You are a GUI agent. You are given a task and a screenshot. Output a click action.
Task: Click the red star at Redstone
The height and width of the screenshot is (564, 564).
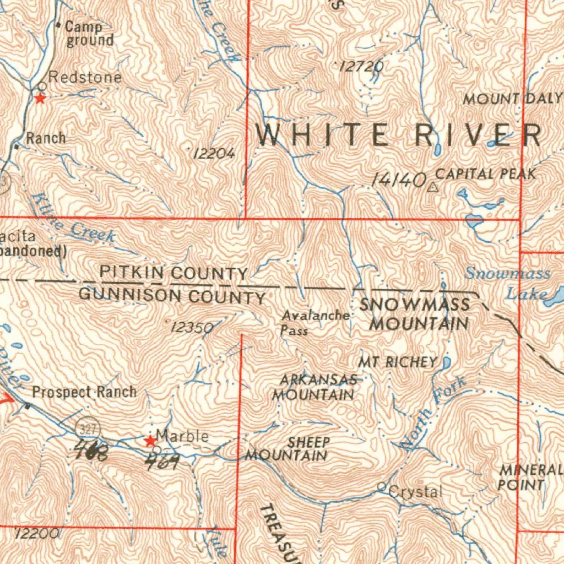(x=40, y=99)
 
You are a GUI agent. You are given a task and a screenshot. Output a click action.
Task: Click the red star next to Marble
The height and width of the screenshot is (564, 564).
(x=149, y=441)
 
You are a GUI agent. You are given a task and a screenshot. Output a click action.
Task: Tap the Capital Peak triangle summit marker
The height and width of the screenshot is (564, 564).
(x=432, y=187)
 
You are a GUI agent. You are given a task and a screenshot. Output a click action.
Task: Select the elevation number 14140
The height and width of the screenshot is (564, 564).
(x=399, y=180)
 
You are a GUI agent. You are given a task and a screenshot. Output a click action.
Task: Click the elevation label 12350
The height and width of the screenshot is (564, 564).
(x=192, y=328)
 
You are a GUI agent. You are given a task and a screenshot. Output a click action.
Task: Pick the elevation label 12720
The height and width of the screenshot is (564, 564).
(x=361, y=67)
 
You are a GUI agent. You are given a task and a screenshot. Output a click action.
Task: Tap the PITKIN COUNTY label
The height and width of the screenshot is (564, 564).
(x=173, y=273)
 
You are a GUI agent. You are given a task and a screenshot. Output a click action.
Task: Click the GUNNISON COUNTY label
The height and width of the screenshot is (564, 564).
(x=172, y=296)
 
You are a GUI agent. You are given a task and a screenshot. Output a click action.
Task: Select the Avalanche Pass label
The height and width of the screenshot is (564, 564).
(x=315, y=323)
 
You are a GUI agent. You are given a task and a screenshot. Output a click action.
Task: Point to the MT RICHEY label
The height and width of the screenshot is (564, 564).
(x=397, y=362)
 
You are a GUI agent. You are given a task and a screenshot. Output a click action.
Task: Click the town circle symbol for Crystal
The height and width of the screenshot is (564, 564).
(x=382, y=487)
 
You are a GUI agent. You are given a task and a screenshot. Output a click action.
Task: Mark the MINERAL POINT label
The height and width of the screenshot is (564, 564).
(x=530, y=478)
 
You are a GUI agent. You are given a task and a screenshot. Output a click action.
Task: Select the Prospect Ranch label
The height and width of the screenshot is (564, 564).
(x=84, y=392)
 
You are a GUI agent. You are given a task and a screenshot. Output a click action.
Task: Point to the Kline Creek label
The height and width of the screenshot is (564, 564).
(x=73, y=219)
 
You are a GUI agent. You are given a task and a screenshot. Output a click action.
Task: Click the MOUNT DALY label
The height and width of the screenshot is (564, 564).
(x=512, y=99)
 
